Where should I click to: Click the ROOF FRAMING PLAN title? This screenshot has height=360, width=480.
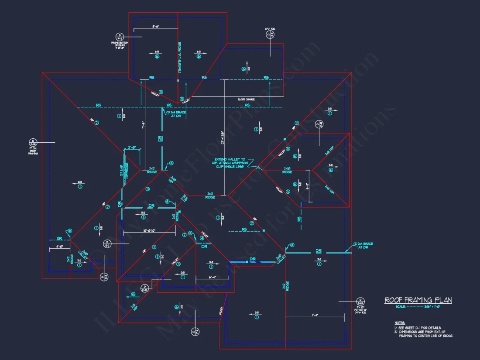(x=418, y=300)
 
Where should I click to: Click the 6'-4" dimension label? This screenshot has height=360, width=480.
(x=213, y=277)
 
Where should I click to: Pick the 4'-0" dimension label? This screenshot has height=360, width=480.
(x=59, y=247)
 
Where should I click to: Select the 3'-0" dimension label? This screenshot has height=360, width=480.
(x=132, y=147)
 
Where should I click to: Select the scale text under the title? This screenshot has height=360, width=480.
(x=418, y=306)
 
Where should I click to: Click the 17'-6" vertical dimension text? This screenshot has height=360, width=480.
(x=143, y=127)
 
